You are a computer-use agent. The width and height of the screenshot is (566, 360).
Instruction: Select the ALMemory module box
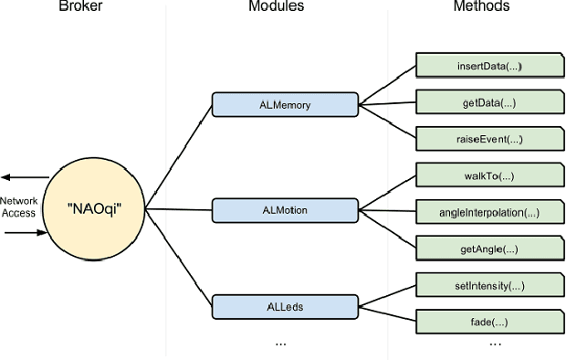[284, 104]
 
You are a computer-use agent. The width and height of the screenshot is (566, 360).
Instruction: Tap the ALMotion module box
[284, 209]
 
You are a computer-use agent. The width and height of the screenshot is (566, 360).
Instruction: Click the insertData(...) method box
[489, 67]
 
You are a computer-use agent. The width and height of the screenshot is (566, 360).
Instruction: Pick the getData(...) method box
[489, 102]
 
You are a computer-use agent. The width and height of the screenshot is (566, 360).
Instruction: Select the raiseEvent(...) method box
[489, 139]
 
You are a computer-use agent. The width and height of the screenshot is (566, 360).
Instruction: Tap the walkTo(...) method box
[489, 175]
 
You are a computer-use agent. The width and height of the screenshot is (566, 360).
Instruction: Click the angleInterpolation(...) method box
[489, 212]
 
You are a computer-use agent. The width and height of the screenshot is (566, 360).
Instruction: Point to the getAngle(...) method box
[489, 249]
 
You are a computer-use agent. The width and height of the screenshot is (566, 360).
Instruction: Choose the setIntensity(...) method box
[489, 286]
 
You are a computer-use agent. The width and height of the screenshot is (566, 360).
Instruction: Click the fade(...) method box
[489, 322]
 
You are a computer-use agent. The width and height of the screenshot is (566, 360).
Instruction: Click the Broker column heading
[79, 7]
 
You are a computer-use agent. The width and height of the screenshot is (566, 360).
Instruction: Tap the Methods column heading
[481, 7]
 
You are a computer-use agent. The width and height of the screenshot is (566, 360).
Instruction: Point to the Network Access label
[18, 206]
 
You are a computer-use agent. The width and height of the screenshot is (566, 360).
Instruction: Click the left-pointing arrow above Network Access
[25, 177]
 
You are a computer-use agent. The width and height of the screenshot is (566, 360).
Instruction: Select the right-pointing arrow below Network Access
[25, 233]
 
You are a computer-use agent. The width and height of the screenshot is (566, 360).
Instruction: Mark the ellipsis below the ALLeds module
[280, 344]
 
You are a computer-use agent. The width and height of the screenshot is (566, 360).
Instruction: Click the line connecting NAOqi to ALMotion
[178, 209]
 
